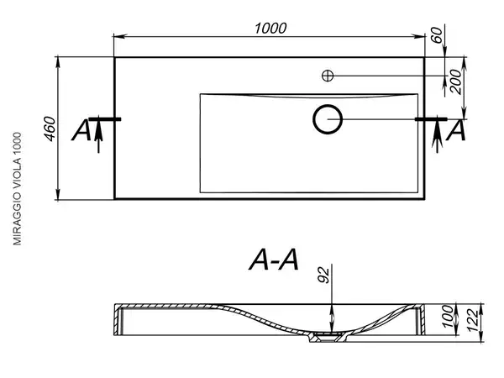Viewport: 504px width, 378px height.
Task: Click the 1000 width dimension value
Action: point(270,29)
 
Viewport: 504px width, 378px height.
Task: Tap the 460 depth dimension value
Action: point(50,129)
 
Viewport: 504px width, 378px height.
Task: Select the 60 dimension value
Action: point(437,34)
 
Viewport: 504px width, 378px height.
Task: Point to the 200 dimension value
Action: point(456,81)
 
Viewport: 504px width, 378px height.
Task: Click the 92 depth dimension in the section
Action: point(324,275)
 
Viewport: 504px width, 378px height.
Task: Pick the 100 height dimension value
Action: point(448,317)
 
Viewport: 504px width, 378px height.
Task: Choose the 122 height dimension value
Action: point(473,321)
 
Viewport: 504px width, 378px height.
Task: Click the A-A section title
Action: point(274,260)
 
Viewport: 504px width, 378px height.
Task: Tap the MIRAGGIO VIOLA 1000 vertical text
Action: point(17,189)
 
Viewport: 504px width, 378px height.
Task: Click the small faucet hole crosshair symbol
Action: point(328,76)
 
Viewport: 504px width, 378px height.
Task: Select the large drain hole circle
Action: point(328,119)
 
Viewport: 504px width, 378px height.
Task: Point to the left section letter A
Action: point(81,130)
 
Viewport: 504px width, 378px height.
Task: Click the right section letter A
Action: point(456,130)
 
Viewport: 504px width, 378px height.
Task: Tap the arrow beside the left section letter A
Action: point(98,134)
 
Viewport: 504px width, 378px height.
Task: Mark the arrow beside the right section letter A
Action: point(437,134)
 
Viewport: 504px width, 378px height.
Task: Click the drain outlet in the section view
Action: point(328,337)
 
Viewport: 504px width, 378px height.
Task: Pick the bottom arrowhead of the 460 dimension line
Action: point(58,194)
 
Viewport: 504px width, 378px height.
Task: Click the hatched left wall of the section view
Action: point(118,320)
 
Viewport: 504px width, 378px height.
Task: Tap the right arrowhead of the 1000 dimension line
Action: point(418,36)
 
